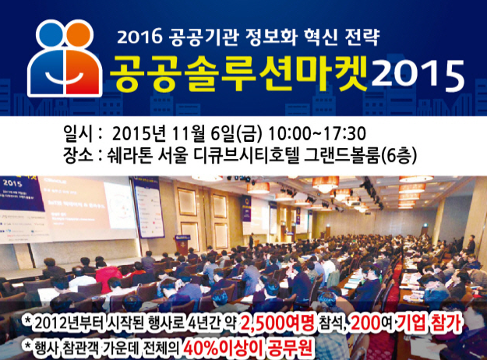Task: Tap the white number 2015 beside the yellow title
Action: (x=418, y=76)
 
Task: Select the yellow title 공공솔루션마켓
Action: (x=238, y=75)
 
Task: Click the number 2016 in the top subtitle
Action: (x=139, y=37)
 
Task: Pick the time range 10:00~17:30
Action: (x=317, y=134)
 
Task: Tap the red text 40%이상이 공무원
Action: (x=248, y=348)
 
